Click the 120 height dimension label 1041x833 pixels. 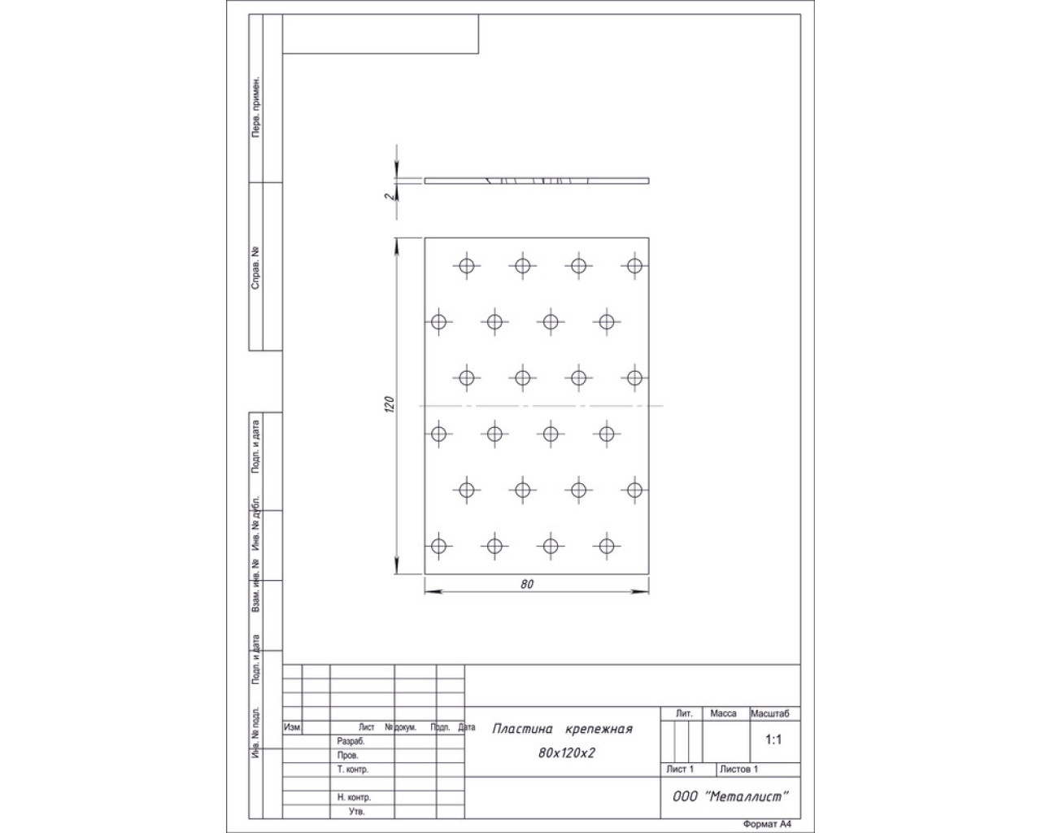click(x=390, y=404)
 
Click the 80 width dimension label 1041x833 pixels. click(x=527, y=584)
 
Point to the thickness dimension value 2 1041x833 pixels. click(x=390, y=196)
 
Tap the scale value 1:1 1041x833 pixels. click(x=773, y=739)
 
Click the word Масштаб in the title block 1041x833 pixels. click(x=769, y=713)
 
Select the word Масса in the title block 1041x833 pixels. click(x=723, y=713)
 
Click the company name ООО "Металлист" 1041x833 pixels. click(x=730, y=796)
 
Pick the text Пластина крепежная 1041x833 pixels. click(x=562, y=729)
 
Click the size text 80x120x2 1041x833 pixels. click(x=566, y=753)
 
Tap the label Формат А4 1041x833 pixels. click(x=768, y=824)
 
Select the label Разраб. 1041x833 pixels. click(x=351, y=741)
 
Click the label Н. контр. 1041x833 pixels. click(x=354, y=796)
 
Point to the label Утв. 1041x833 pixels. click(x=356, y=811)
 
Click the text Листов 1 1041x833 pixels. click(x=738, y=769)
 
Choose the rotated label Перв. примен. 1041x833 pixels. click(x=256, y=107)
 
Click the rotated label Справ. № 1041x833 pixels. click(x=255, y=268)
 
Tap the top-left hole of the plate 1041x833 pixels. click(x=466, y=266)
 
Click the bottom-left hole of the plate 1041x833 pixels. click(x=438, y=546)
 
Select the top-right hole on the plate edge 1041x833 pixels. click(x=634, y=266)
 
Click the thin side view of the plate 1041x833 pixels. click(x=537, y=181)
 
